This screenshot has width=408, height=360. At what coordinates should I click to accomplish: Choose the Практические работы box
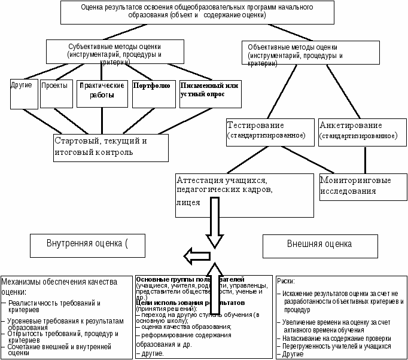(102, 93)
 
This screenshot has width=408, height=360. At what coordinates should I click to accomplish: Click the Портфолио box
(154, 93)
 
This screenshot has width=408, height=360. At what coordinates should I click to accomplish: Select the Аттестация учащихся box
(244, 194)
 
